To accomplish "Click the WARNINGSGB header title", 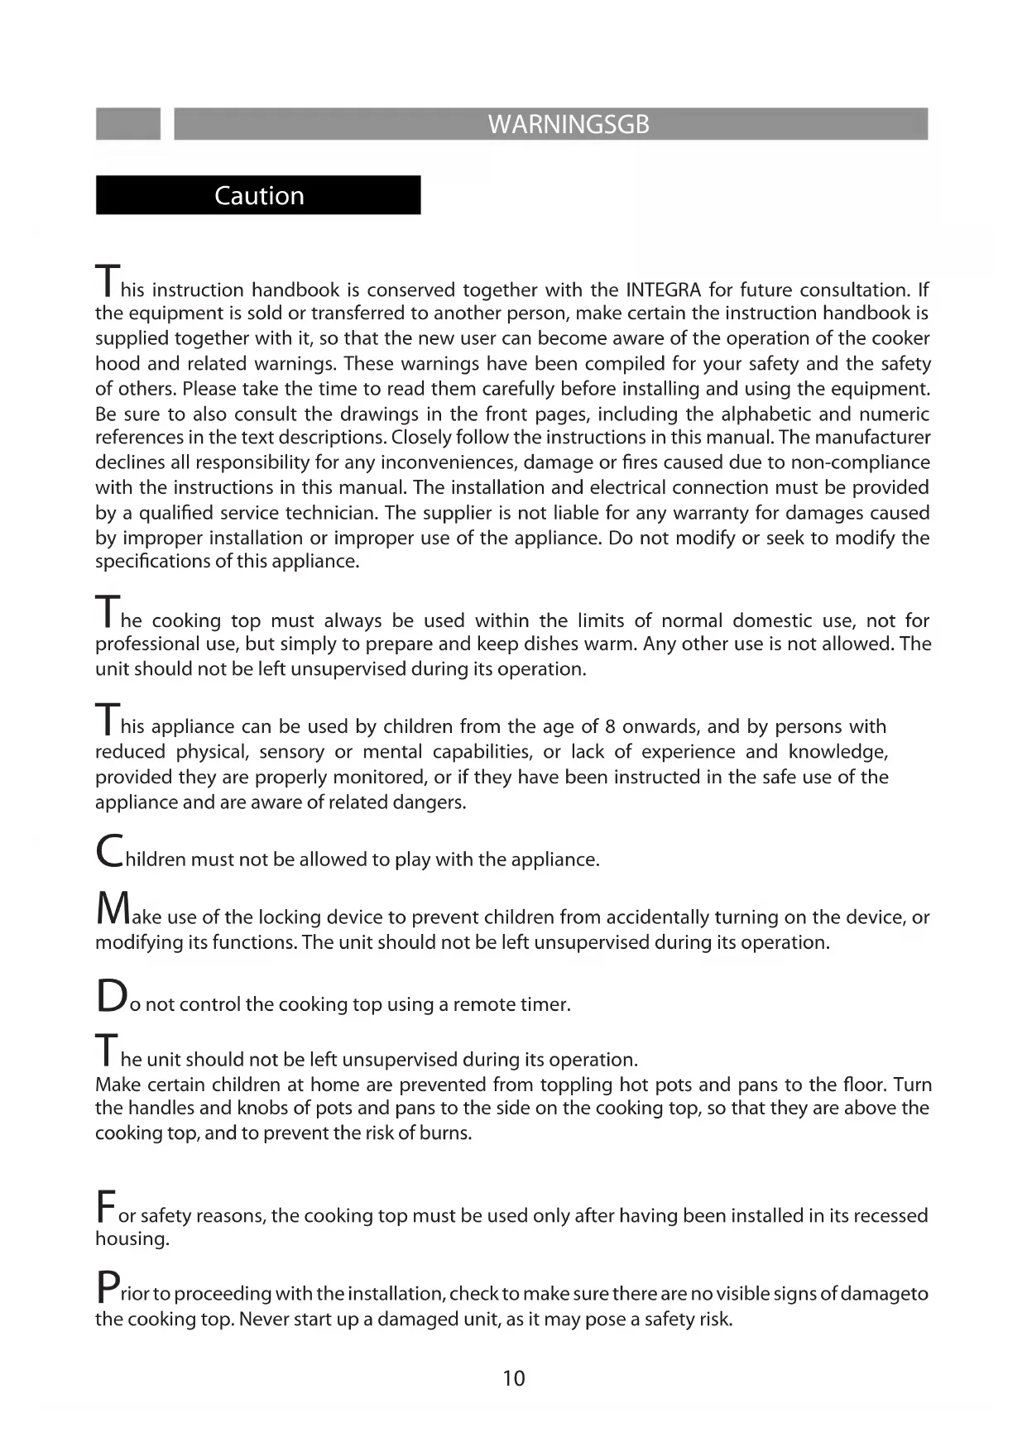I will tap(569, 125).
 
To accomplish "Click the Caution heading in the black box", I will tap(259, 196).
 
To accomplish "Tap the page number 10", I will tap(513, 1378).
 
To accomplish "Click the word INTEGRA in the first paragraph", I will tap(664, 290).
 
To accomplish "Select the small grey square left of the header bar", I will tap(127, 124).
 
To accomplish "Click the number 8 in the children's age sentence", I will tap(610, 726).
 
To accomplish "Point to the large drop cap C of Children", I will tap(109, 851).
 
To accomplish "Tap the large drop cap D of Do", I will tap(110, 996).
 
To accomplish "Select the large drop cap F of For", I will tap(105, 1207).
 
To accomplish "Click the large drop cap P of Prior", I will tap(107, 1287).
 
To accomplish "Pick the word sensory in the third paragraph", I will tap(291, 752).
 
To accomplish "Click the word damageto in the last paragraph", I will tap(884, 1294).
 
